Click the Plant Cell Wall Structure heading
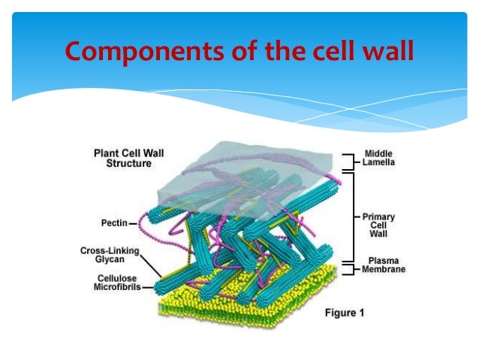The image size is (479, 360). [128, 158]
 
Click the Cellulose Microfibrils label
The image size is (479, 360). [113, 281]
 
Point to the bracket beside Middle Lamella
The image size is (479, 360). [347, 161]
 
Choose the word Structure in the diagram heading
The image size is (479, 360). [128, 163]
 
